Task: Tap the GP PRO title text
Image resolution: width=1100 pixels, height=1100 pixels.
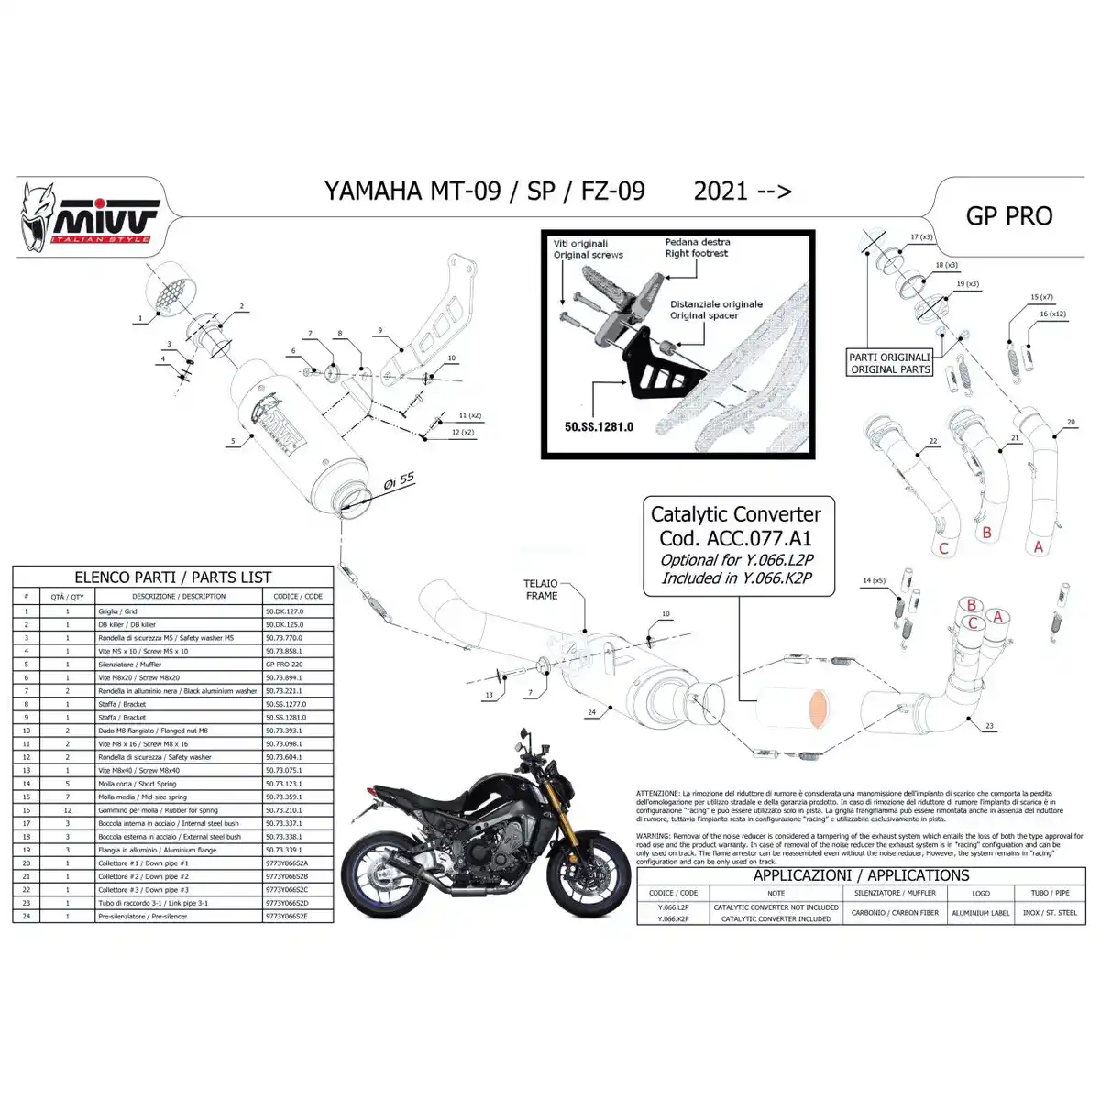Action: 1009,215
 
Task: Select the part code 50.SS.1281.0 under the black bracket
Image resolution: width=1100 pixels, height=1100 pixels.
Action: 599,426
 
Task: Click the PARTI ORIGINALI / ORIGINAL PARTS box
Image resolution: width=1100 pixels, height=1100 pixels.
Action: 889,363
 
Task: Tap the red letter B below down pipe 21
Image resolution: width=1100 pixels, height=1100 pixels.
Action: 986,533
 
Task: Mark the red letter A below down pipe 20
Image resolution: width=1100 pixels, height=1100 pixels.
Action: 1038,545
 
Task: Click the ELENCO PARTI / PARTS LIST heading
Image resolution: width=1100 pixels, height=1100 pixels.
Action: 172,577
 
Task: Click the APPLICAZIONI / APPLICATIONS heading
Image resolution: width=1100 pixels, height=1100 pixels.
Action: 861,875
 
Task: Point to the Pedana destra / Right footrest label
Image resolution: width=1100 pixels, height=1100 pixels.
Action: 697,247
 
